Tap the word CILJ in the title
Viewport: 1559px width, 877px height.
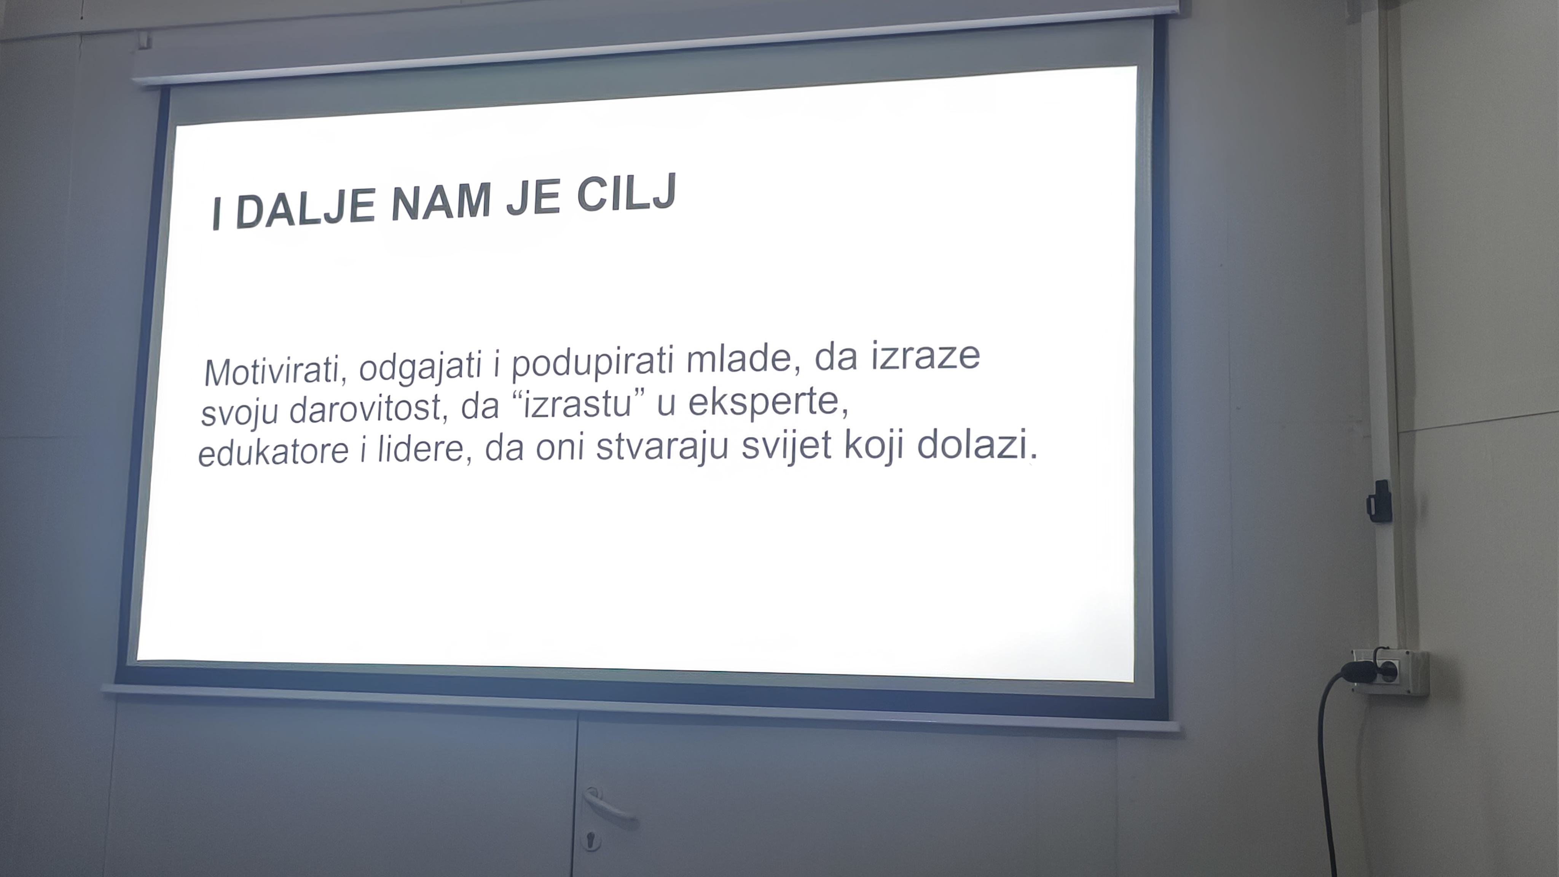tap(626, 193)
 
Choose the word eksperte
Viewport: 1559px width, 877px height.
tap(768, 401)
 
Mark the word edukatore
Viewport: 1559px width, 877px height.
tap(273, 451)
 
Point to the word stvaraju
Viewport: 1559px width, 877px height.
tap(662, 446)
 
